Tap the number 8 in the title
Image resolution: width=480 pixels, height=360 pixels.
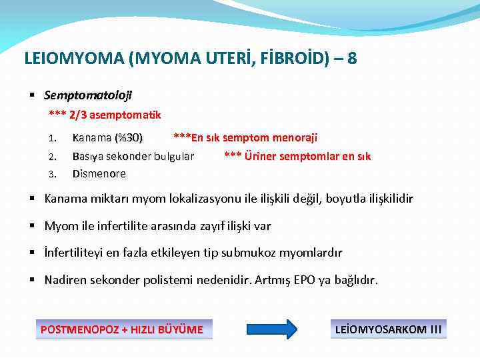[x=351, y=59]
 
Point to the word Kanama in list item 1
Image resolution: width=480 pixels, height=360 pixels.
[x=92, y=138]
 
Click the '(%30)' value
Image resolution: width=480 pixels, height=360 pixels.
[x=128, y=138]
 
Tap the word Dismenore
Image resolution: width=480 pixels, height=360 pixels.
[x=99, y=174]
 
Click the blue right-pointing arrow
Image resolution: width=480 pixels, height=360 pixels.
[x=272, y=329]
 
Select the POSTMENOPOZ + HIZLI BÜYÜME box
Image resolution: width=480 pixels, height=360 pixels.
[x=123, y=329]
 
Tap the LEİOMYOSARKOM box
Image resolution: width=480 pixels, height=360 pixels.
[x=389, y=329]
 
